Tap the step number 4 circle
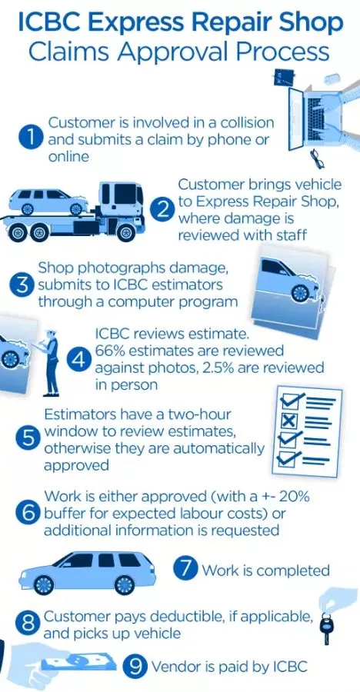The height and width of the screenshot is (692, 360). coord(79,360)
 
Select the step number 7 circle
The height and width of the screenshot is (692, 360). coord(186,569)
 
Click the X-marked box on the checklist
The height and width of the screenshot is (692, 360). coord(289,420)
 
